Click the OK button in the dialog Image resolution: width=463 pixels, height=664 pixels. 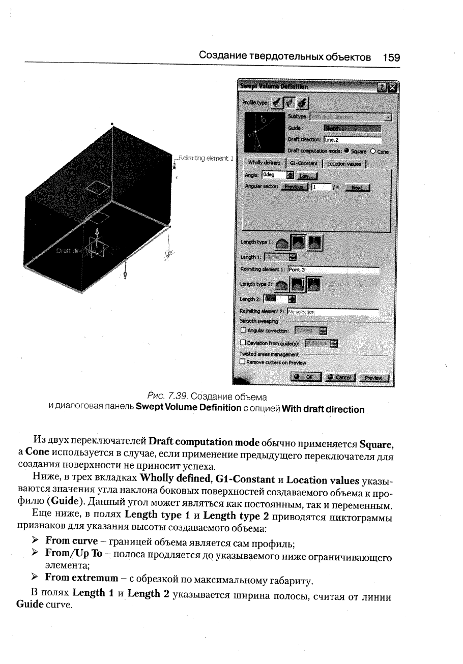tap(306, 377)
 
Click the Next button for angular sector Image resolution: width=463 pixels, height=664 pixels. tap(357, 187)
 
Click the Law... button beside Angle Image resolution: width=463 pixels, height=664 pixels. tap(306, 175)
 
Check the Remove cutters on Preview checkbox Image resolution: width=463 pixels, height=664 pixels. tap(243, 362)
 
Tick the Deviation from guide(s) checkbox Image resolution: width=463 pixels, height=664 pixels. tap(243, 343)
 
